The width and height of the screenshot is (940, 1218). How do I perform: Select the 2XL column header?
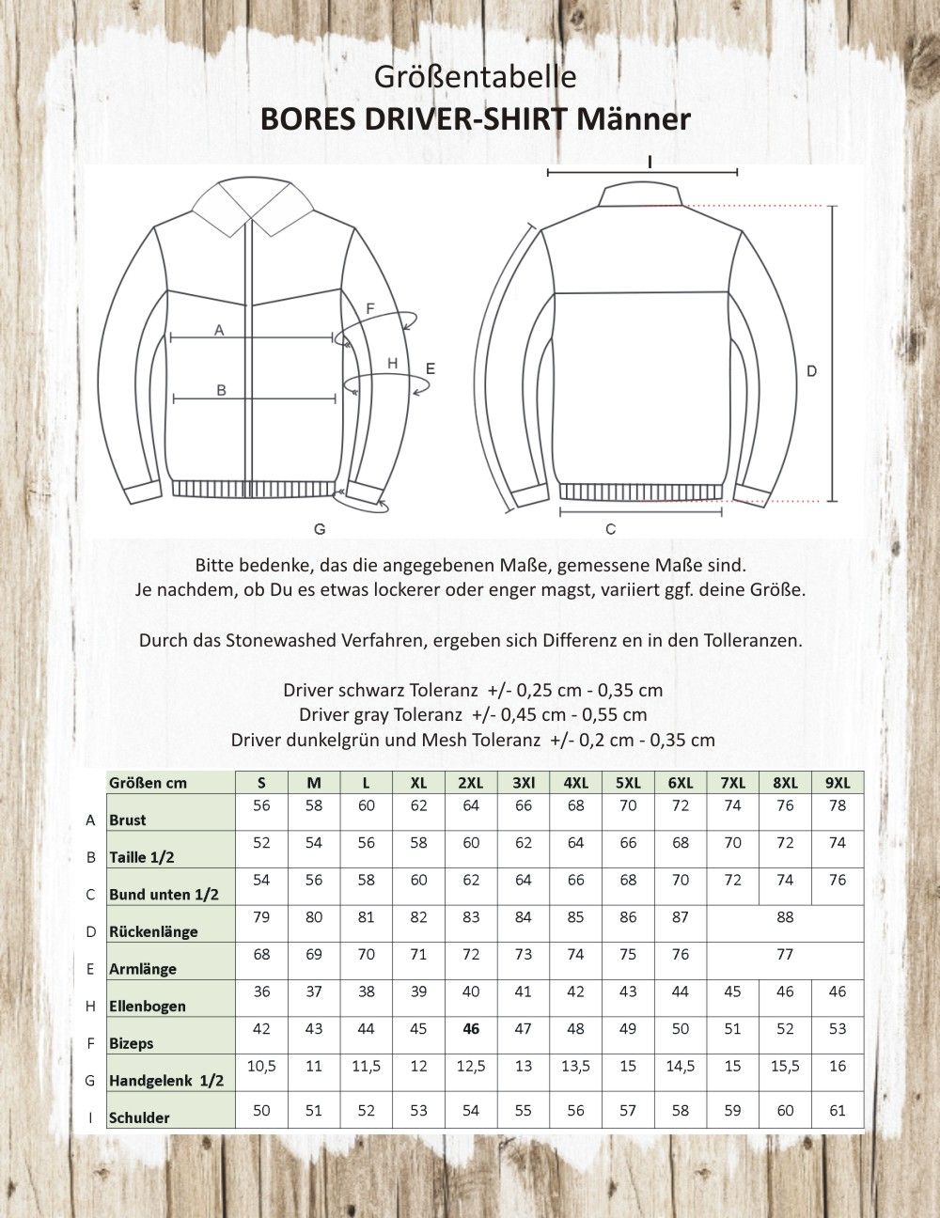(471, 783)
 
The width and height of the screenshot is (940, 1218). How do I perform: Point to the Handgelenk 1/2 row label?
(166, 1081)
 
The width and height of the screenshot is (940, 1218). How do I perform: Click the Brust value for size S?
(261, 805)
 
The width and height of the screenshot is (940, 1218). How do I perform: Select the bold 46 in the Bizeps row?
(471, 1029)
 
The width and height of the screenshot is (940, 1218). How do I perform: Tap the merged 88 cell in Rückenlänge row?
(785, 917)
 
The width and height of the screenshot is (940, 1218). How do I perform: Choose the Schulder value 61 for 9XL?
(838, 1111)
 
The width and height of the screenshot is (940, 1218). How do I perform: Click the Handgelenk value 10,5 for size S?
(261, 1066)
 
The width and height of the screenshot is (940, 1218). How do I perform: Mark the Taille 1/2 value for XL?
(418, 843)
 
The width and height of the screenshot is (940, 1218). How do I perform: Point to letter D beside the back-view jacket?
(812, 371)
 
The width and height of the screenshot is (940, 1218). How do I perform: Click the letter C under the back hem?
(610, 530)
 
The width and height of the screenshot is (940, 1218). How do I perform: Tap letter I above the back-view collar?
(649, 162)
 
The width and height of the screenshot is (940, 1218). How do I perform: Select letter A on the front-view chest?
(219, 330)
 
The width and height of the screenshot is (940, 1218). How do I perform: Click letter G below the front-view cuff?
(320, 529)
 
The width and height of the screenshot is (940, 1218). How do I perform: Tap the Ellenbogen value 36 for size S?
(261, 992)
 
